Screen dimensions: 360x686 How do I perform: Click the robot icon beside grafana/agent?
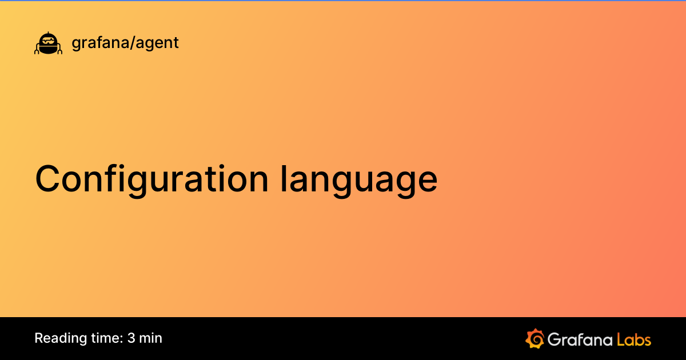point(48,43)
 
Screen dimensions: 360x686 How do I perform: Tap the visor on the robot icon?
point(48,41)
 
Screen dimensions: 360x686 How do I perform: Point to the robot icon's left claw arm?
point(37,50)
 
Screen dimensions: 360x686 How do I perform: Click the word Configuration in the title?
point(151,179)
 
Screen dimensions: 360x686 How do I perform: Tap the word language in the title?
point(359,179)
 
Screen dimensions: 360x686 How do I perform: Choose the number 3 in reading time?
point(131,338)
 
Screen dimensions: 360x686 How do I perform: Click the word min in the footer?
point(151,338)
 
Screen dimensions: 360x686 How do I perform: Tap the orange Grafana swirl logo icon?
point(535,338)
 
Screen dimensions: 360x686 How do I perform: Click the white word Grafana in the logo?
point(580,339)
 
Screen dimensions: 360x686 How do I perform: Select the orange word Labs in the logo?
point(634,339)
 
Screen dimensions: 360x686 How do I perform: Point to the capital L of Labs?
point(621,339)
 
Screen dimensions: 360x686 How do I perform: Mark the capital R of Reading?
point(39,338)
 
